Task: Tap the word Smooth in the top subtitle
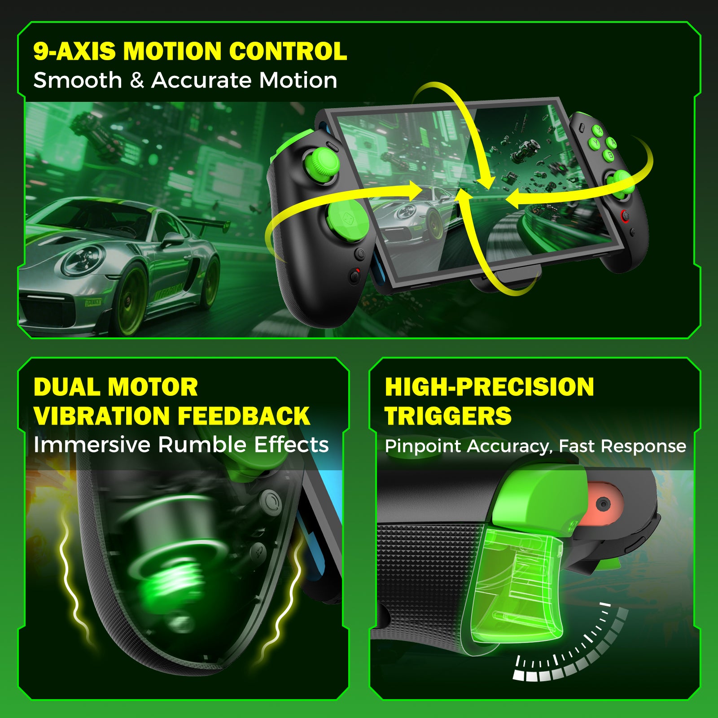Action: pyautogui.click(x=78, y=81)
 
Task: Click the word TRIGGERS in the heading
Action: pyautogui.click(x=448, y=416)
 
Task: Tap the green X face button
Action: pyautogui.click(x=598, y=130)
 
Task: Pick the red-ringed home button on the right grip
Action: pyautogui.click(x=625, y=216)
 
